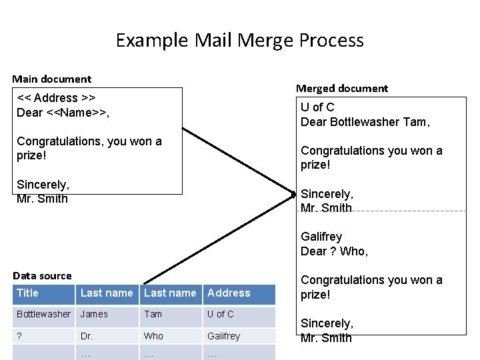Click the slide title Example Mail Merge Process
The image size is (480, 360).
pyautogui.click(x=240, y=41)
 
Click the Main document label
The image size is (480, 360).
pyautogui.click(x=52, y=79)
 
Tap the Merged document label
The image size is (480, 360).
pyautogui.click(x=341, y=88)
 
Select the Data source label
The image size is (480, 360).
pyautogui.click(x=42, y=275)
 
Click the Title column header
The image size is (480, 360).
pyautogui.click(x=27, y=293)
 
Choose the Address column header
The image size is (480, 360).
pyautogui.click(x=229, y=293)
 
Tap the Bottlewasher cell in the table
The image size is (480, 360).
pyautogui.click(x=43, y=314)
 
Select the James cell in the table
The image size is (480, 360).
pyautogui.click(x=94, y=314)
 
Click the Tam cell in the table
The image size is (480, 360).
pyautogui.click(x=153, y=314)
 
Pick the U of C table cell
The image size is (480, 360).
pyautogui.click(x=220, y=314)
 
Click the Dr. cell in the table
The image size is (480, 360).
pyautogui.click(x=87, y=336)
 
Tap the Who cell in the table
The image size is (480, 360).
pyautogui.click(x=153, y=336)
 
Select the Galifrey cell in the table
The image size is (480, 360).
pyautogui.click(x=223, y=336)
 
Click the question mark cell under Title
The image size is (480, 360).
pyautogui.click(x=19, y=336)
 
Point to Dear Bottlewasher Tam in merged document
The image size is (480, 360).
pyautogui.click(x=365, y=122)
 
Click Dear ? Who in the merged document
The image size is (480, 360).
pyautogui.click(x=334, y=251)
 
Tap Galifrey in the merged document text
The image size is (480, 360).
pyautogui.click(x=321, y=237)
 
